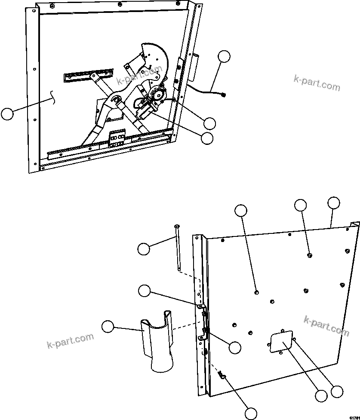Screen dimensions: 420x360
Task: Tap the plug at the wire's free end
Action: pos(224,95)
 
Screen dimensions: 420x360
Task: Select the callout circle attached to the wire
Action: pos(224,57)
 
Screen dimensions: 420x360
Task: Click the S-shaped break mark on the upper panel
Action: pos(54,97)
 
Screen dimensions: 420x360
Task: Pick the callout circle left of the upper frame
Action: pos(7,114)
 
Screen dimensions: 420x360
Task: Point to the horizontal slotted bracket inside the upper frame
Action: pos(89,74)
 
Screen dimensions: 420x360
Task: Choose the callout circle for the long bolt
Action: pos(144,248)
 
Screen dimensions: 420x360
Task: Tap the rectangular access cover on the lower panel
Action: pos(281,341)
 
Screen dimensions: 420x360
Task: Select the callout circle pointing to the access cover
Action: pos(320,396)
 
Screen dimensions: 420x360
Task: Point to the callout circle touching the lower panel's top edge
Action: pos(334,203)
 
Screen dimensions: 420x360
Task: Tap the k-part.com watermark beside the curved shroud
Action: pos(70,340)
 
